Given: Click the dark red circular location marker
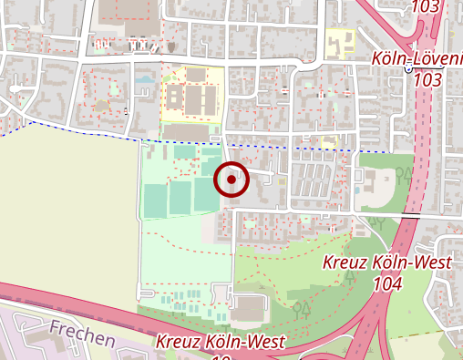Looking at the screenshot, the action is coord(232,180).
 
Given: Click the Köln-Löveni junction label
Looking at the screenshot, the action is coord(418,58).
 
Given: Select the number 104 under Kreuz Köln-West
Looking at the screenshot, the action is coord(387,283).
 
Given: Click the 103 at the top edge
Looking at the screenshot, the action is coord(425,6).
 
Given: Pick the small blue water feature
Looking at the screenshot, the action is coord(145,79).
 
